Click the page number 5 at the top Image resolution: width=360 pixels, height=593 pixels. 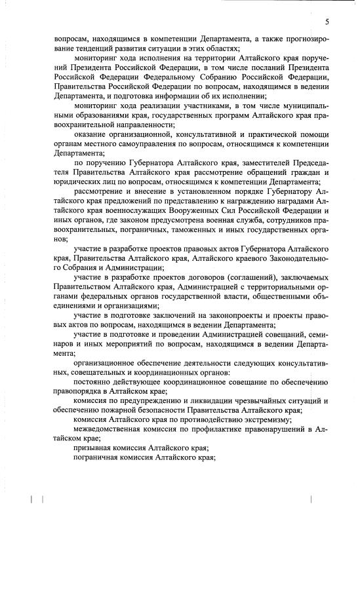point(326,22)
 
